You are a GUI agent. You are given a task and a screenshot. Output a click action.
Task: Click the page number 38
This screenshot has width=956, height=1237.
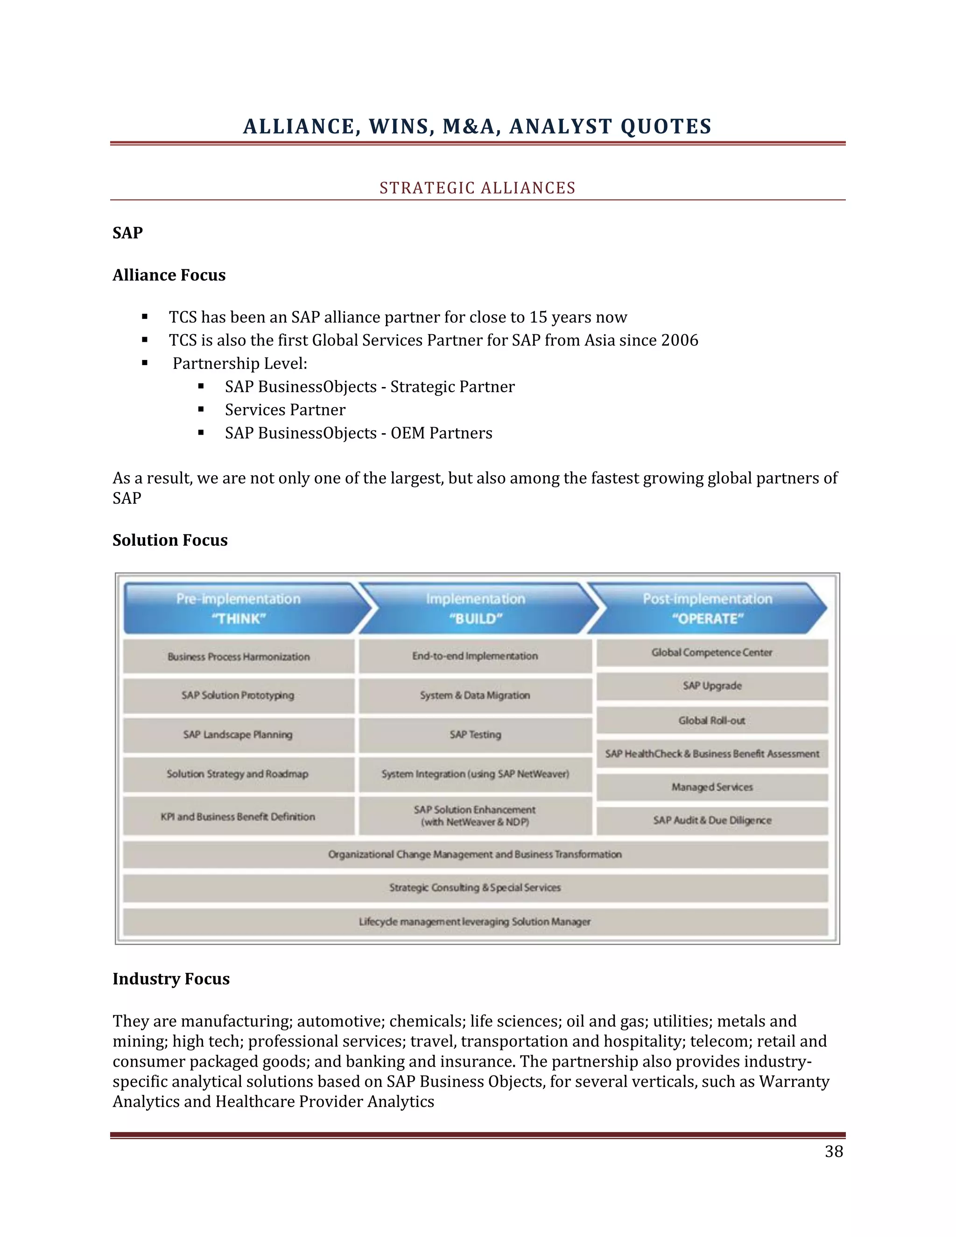834,1152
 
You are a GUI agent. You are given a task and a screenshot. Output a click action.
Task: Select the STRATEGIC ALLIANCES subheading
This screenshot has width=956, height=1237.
478,188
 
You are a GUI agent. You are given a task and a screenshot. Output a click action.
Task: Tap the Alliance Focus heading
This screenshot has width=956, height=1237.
169,275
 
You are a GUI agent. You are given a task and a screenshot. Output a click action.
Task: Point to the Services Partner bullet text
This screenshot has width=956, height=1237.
285,410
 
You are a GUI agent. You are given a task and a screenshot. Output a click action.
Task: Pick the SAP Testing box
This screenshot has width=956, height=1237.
475,735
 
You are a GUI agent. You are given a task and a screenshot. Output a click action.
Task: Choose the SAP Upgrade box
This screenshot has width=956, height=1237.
712,686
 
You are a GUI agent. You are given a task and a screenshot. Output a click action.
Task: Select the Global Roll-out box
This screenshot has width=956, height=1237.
712,720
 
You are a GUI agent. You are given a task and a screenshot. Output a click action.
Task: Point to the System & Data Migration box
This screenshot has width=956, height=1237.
475,696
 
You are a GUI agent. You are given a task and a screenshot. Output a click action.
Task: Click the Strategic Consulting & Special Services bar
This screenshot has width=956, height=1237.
475,887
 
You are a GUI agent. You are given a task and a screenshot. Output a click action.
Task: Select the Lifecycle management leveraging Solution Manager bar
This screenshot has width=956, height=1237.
475,922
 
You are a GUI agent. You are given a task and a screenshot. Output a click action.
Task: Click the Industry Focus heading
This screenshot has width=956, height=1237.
171,979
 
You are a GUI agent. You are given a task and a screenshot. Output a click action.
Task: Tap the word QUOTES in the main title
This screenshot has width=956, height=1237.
666,127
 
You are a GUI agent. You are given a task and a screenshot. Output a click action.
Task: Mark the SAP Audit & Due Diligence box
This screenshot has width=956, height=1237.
712,821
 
